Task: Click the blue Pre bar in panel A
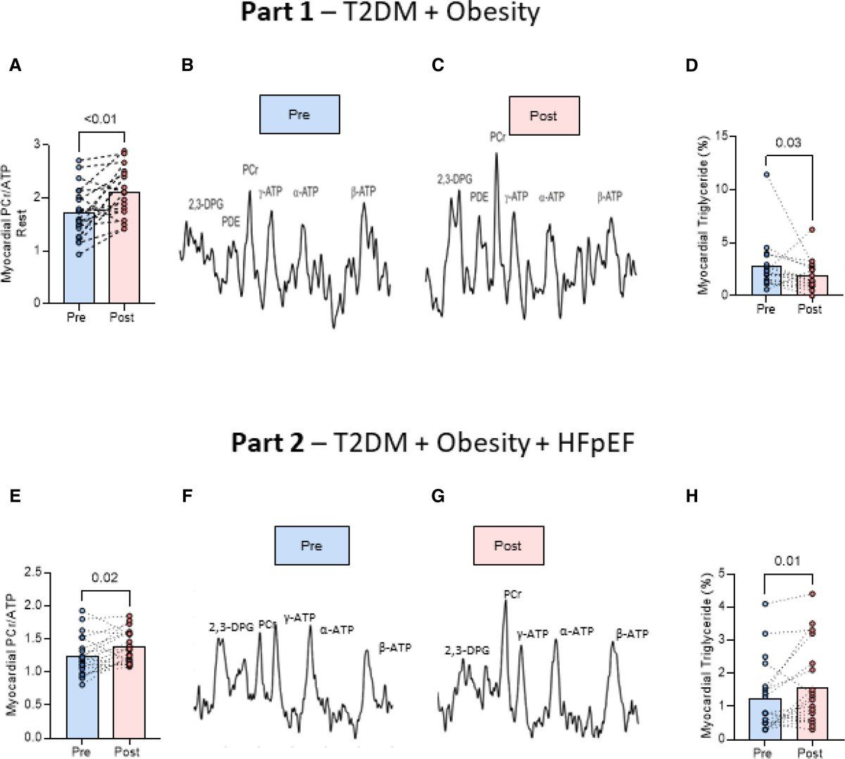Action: [79, 257]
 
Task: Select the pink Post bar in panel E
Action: [130, 692]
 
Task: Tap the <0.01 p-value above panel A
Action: [100, 119]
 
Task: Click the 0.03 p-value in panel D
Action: [788, 143]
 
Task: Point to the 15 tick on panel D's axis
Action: [723, 136]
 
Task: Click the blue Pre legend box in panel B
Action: [299, 115]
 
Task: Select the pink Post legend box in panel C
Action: [544, 116]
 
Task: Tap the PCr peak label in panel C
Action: [497, 137]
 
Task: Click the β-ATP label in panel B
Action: [363, 192]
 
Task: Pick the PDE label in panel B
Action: [231, 222]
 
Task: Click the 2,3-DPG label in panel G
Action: [467, 651]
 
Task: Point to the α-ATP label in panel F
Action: [337, 630]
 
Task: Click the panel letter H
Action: [692, 497]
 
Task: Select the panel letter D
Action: [691, 65]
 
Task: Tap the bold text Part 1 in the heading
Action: [277, 12]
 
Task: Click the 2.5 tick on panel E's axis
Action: [33, 573]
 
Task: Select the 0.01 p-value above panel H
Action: [787, 561]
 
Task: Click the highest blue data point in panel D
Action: [767, 174]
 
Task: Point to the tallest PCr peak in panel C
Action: [497, 153]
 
